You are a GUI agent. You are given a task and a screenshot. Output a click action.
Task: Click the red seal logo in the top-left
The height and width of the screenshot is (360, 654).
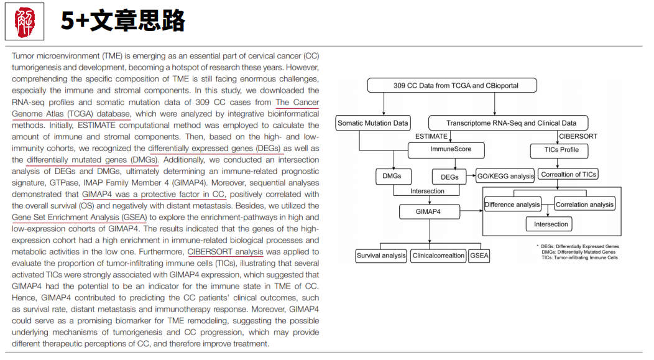coord(25,22)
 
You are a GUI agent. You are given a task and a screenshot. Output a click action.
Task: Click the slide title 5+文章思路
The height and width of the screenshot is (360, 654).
coord(122,22)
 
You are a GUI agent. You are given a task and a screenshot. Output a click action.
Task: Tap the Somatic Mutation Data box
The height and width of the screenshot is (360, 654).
coord(373,123)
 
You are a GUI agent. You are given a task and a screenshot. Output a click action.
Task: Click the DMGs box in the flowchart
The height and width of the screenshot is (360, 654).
coord(392,176)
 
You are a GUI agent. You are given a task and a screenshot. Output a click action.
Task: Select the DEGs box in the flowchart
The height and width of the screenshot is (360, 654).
coord(449,177)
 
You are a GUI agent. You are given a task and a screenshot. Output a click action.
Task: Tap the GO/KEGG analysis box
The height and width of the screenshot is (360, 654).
coord(505,176)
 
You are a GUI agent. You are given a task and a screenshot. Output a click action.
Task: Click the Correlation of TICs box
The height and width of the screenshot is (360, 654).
coord(569,175)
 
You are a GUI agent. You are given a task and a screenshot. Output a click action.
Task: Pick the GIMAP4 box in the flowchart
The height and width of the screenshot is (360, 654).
coord(428,212)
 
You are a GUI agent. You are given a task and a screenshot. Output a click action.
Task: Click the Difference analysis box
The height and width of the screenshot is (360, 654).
coord(512,205)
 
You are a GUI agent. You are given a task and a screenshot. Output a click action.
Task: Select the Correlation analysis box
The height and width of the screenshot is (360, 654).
coord(584,205)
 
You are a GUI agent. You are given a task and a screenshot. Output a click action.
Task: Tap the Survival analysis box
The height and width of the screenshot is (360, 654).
coord(381,256)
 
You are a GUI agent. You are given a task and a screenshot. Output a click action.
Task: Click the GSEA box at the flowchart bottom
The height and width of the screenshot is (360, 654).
coord(479,256)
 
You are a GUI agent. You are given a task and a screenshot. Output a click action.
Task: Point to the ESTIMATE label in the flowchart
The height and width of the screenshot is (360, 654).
coord(431,136)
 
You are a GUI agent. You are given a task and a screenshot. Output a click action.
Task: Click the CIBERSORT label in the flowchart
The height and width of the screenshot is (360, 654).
coord(575,136)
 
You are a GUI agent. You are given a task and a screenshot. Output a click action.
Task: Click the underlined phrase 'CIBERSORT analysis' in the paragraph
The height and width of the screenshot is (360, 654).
coord(226,252)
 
